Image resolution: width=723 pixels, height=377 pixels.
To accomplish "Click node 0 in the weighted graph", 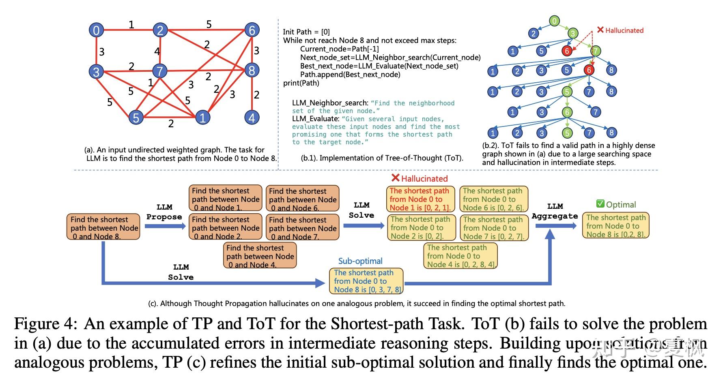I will click(96, 30).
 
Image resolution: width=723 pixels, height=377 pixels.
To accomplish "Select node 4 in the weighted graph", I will click(252, 118).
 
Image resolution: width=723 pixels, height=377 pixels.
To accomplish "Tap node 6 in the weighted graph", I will click(252, 30).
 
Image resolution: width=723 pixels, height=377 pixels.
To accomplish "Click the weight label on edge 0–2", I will click(131, 25).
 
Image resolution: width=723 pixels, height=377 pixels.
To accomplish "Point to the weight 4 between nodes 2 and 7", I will click(157, 51).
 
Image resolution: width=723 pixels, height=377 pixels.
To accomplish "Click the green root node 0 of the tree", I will click(554, 20).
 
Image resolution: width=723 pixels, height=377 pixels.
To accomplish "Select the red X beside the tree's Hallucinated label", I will click(600, 30).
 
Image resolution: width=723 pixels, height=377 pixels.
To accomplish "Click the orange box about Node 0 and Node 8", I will click(103, 227).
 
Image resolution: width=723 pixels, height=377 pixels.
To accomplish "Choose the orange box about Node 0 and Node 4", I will click(260, 256).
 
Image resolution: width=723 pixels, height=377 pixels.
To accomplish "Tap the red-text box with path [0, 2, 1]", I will click(420, 199).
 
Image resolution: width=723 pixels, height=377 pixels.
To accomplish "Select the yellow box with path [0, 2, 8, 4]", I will click(460, 256).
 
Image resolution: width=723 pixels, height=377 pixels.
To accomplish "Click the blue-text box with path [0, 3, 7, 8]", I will click(366, 281).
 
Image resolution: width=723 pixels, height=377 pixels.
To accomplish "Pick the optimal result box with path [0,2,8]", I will click(615, 226).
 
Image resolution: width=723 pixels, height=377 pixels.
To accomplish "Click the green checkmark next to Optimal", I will click(600, 204).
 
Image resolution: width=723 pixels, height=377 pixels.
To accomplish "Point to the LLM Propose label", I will click(164, 212).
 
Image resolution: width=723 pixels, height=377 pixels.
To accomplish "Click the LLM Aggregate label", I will click(555, 211).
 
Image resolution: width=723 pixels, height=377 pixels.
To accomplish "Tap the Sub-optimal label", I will click(360, 261).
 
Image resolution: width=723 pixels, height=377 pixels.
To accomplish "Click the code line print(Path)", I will click(301, 83).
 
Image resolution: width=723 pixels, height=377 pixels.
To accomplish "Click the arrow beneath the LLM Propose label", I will click(164, 226).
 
